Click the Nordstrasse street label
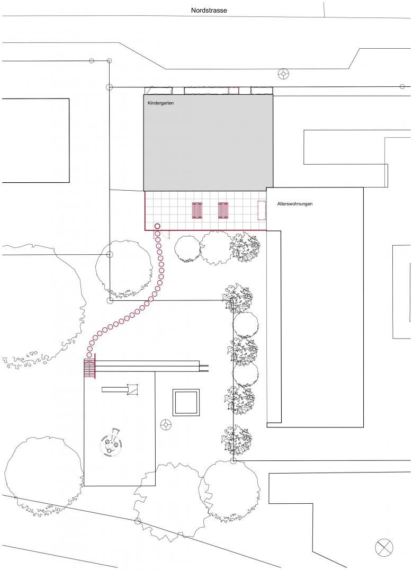pos(209,11)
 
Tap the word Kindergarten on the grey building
pos(160,103)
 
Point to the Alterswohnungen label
pos(294,204)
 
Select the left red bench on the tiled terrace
pos(197,210)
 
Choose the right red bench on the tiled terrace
pos(223,210)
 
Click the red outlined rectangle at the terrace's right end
pos(262,210)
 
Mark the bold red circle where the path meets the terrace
pos(157,227)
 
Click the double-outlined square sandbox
pos(186,403)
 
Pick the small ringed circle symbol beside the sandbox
pos(166,424)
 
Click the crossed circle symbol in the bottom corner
pos(384,547)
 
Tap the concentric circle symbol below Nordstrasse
pos(283,74)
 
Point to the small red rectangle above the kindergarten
pos(233,91)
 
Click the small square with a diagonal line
pos(132,389)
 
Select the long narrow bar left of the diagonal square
pos(115,390)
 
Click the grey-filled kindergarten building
pos(208,142)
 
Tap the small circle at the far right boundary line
pos(402,86)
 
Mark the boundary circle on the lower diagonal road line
pos(137,521)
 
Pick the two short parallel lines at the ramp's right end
pos(204,368)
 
